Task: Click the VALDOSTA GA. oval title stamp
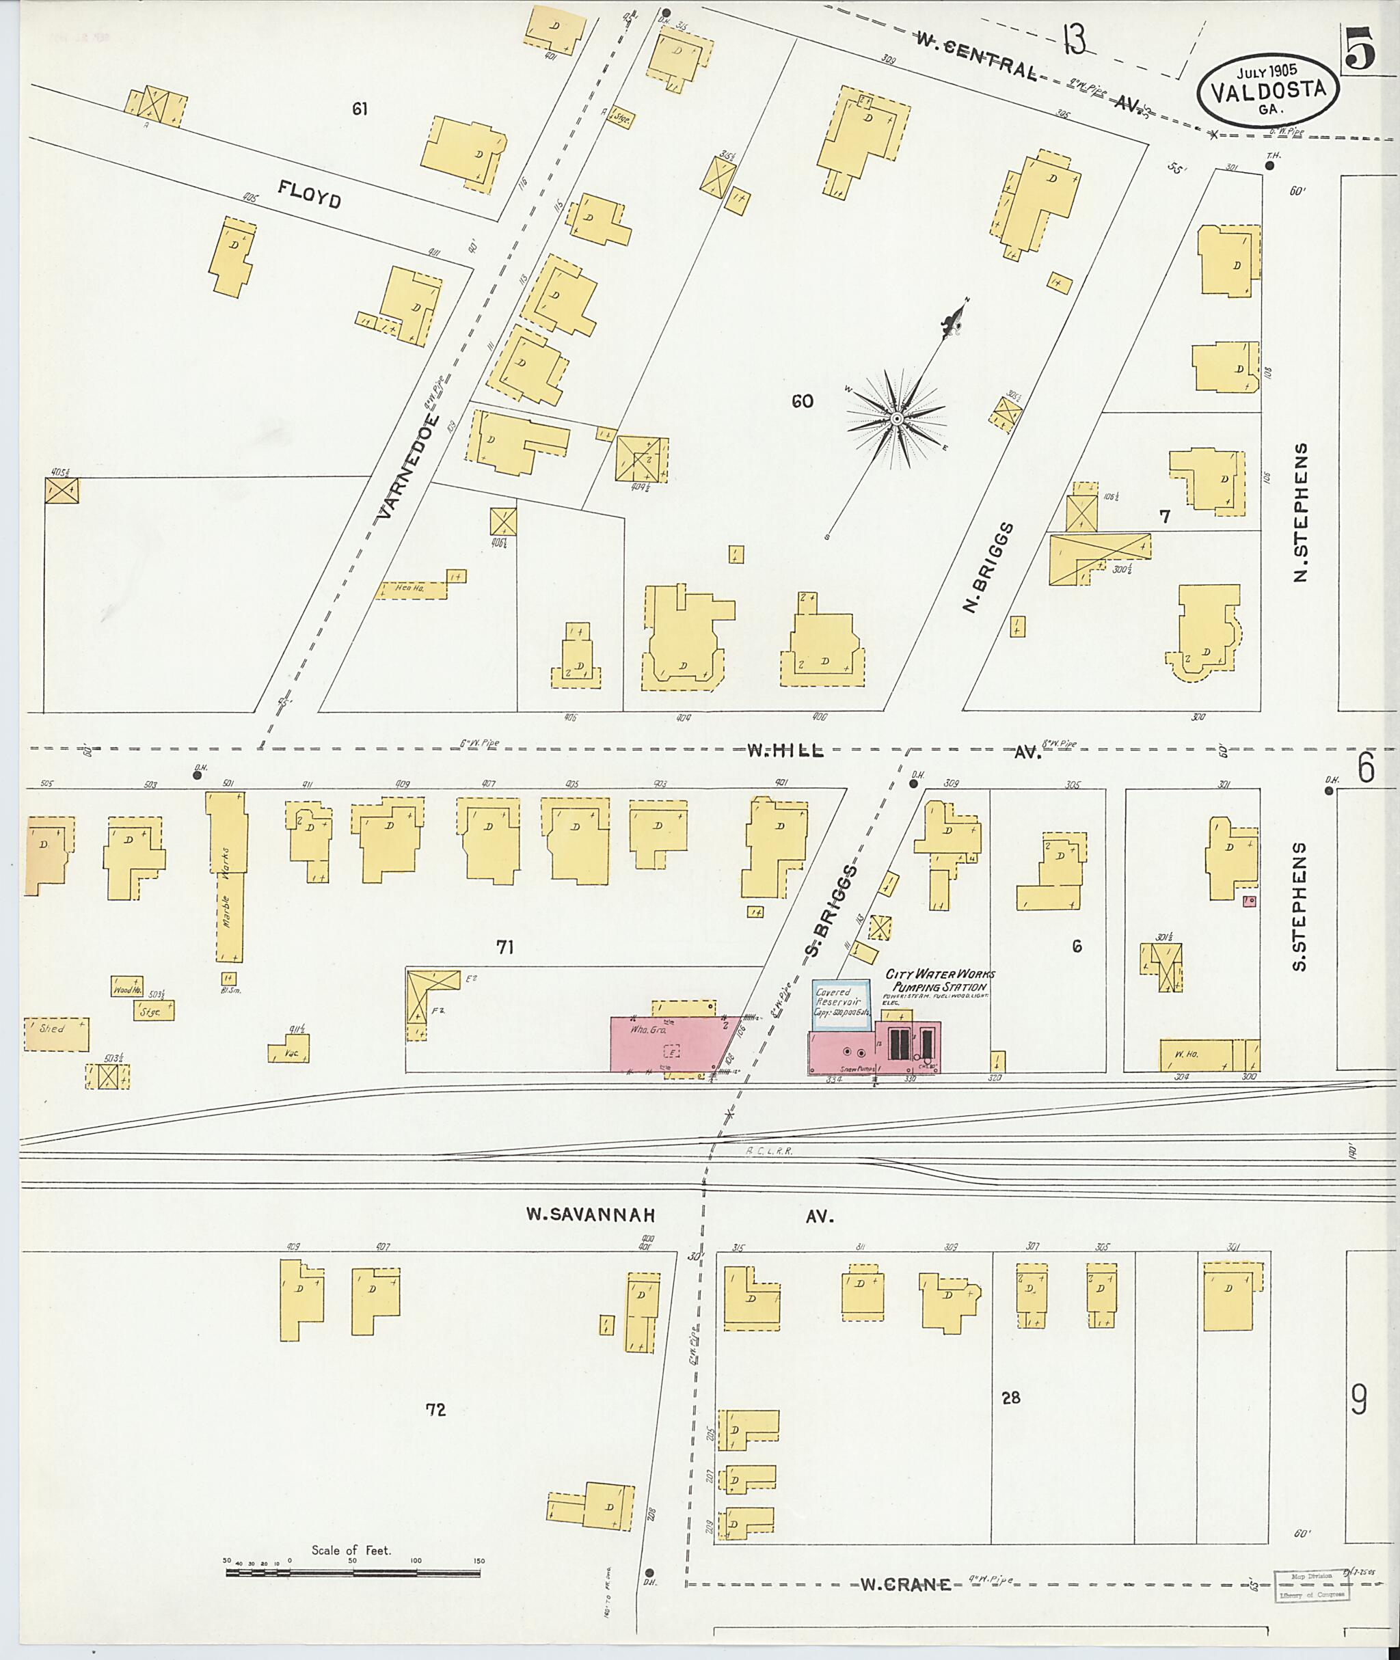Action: pos(1267,92)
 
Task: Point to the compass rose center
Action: pos(896,418)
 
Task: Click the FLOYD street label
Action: pos(310,193)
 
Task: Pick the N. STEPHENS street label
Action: pos(1300,512)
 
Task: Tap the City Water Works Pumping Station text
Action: pos(940,981)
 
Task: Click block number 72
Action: pos(435,1409)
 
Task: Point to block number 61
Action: pos(360,109)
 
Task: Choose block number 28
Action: pos(1010,1398)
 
